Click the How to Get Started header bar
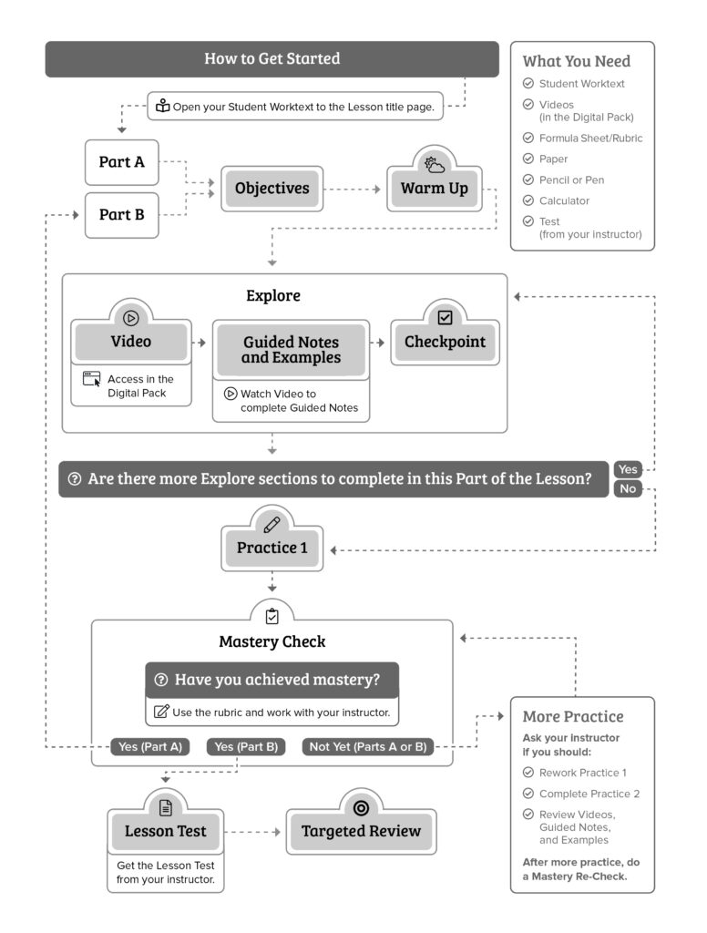(x=272, y=59)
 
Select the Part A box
(x=121, y=162)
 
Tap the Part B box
(x=121, y=215)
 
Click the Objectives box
(x=272, y=189)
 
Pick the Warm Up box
(x=435, y=189)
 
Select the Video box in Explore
(x=131, y=343)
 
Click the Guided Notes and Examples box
(x=291, y=350)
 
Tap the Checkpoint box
(x=445, y=343)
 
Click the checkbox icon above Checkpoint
(x=445, y=318)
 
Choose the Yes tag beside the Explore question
(x=628, y=469)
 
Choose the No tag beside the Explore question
(x=628, y=489)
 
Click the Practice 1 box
(x=272, y=549)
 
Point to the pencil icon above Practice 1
(x=272, y=524)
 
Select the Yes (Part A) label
(x=150, y=747)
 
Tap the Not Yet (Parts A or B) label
(x=367, y=747)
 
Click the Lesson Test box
(x=165, y=831)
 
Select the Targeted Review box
(x=361, y=831)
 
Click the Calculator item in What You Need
(x=564, y=200)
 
